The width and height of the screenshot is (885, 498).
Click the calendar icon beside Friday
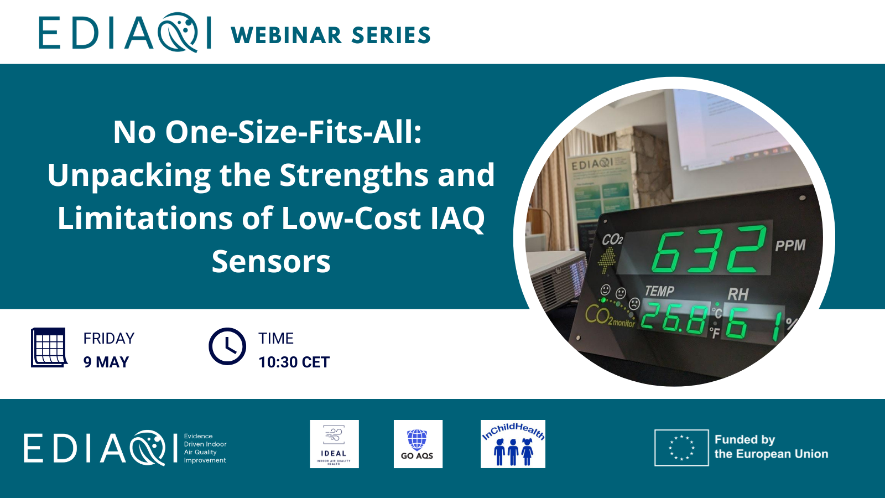coord(49,347)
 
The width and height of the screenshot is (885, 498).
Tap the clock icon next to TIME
coord(227,347)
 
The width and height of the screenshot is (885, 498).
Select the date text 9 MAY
coord(106,362)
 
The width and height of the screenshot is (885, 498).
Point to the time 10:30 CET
coord(294,362)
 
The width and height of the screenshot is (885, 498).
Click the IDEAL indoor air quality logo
coord(334,444)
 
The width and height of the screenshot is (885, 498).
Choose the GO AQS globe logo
coord(418,444)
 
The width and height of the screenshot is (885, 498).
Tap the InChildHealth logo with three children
coord(513,444)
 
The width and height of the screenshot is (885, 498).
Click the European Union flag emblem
coord(681,448)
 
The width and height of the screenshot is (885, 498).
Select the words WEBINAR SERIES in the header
coord(331,35)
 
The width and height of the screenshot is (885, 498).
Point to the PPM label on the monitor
coord(790,246)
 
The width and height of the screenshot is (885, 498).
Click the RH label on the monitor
coord(738,294)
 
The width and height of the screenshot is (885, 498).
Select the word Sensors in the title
coord(271,261)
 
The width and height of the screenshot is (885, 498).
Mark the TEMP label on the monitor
coord(659,291)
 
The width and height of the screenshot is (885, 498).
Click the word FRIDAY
coord(109,338)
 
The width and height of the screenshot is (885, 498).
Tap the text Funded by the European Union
coord(771,447)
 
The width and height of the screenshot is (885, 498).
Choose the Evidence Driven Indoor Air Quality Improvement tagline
coord(205,448)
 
